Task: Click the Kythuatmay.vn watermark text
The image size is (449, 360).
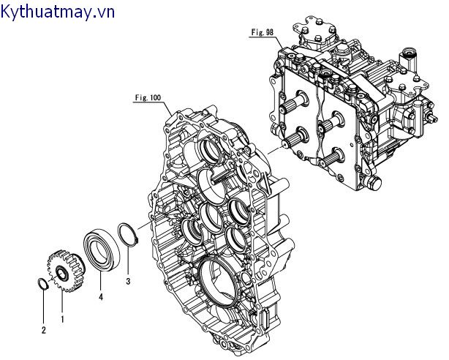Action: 58,11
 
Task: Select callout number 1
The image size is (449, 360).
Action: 61,319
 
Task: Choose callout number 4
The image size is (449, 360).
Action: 100,297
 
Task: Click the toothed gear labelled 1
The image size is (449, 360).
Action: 64,274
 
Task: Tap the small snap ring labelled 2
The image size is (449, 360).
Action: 43,285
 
